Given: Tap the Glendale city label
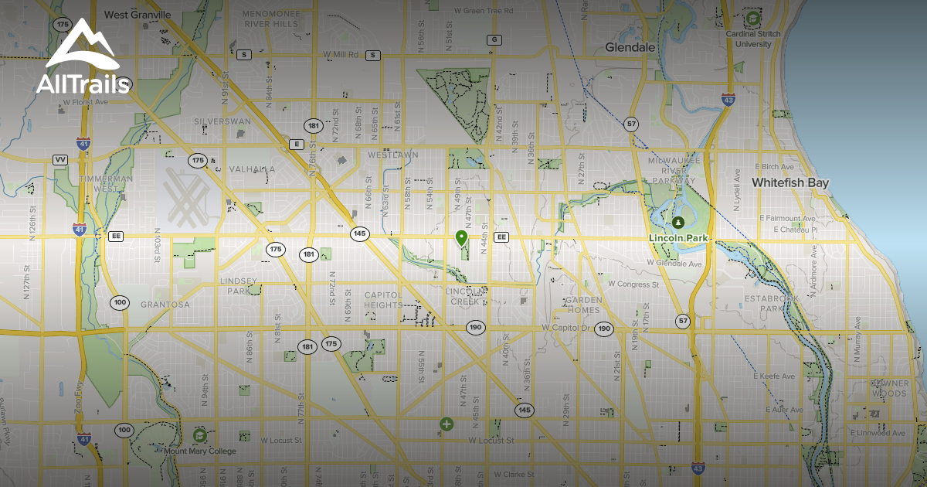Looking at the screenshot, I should tap(630, 47).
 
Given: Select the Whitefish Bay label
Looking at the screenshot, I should tap(790, 183).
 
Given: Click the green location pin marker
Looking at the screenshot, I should tap(462, 238).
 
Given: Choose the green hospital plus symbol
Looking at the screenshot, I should tap(446, 424).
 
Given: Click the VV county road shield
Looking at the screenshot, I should tap(60, 159).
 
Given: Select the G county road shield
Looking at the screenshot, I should tap(494, 39).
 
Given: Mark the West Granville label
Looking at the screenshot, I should tap(138, 14).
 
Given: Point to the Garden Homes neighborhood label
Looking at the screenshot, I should tap(583, 305).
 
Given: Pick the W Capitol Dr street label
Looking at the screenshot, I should tap(565, 329).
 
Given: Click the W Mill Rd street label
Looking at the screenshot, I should tap(342, 55).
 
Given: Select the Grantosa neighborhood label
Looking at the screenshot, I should tap(165, 305).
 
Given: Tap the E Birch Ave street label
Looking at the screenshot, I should tap(776, 166).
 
